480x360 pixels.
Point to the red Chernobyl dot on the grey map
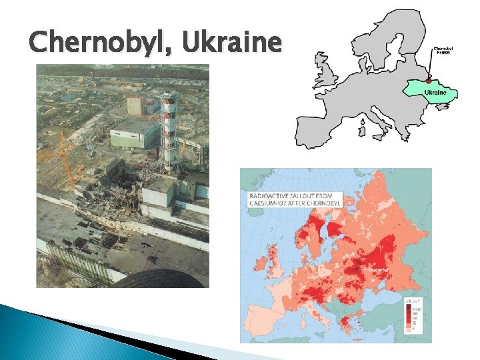429,81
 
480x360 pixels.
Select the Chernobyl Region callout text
443,51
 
